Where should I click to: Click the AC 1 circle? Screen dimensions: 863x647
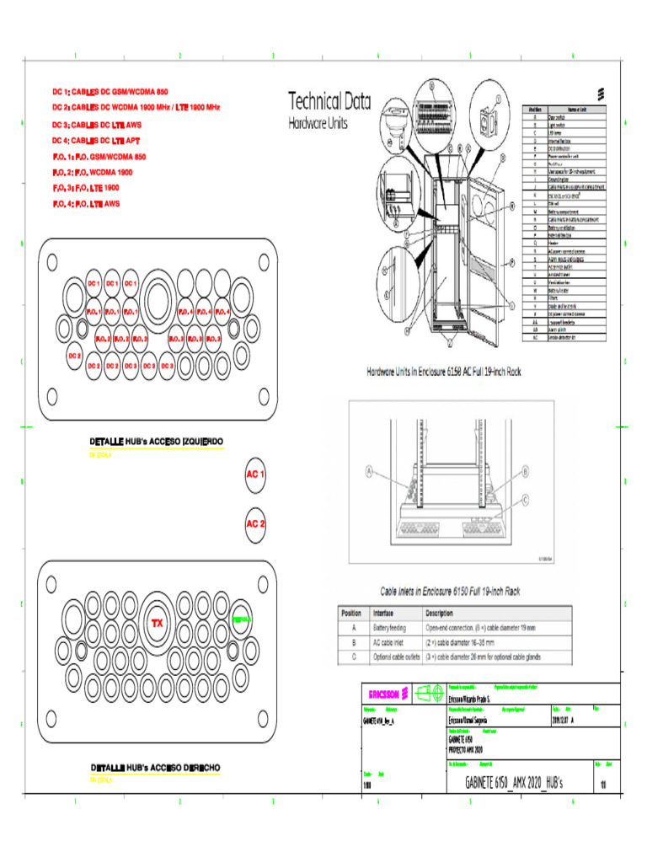pos(255,474)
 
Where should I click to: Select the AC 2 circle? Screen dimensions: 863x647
pos(255,523)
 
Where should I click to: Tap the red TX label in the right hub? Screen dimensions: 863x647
pos(157,623)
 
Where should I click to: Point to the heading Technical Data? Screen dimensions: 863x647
pos(329,102)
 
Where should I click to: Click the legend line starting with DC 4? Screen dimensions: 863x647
pos(96,140)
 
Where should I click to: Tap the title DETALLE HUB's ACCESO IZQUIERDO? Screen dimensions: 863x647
pos(156,441)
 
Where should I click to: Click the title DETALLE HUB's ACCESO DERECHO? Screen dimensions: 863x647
pos(156,767)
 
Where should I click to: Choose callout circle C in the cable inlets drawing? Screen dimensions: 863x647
pos(526,499)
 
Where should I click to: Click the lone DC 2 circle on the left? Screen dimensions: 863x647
pos(74,356)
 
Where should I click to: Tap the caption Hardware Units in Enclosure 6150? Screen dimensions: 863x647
pos(443,371)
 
